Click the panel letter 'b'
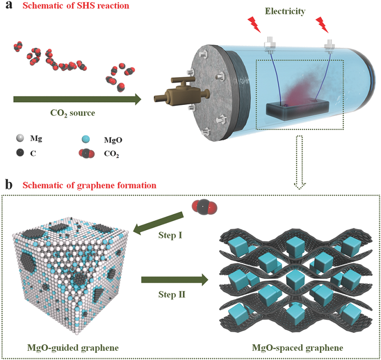[7, 185]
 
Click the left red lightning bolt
[255, 23]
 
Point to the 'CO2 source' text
[69, 114]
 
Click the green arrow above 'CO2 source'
[76, 99]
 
